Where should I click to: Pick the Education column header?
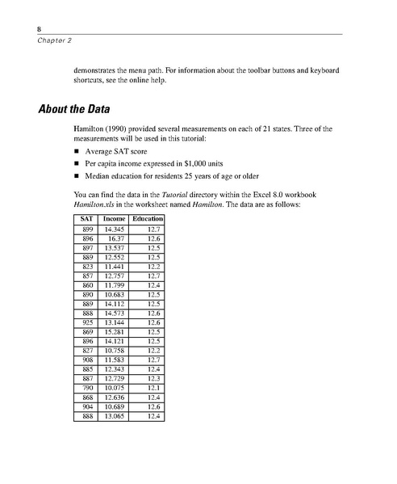tap(148, 219)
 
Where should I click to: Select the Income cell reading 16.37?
tap(116, 239)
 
